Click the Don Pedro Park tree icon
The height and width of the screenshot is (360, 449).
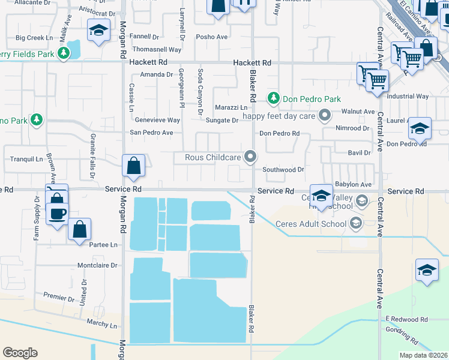pos(274,98)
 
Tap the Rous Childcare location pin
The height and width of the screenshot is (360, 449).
pos(251,158)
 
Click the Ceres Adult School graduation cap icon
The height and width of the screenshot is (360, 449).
pos(356,224)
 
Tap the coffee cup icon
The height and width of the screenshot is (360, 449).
pos(58,213)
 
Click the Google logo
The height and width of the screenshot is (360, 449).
pos(20,353)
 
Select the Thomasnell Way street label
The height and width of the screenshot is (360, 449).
pos(157,50)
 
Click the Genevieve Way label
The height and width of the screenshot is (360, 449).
pos(157,120)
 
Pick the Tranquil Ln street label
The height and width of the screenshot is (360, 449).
pos(27,159)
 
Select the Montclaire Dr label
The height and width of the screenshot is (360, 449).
pos(97,265)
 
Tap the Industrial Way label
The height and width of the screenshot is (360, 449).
pos(408,96)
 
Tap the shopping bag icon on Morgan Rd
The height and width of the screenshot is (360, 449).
pos(134,166)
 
